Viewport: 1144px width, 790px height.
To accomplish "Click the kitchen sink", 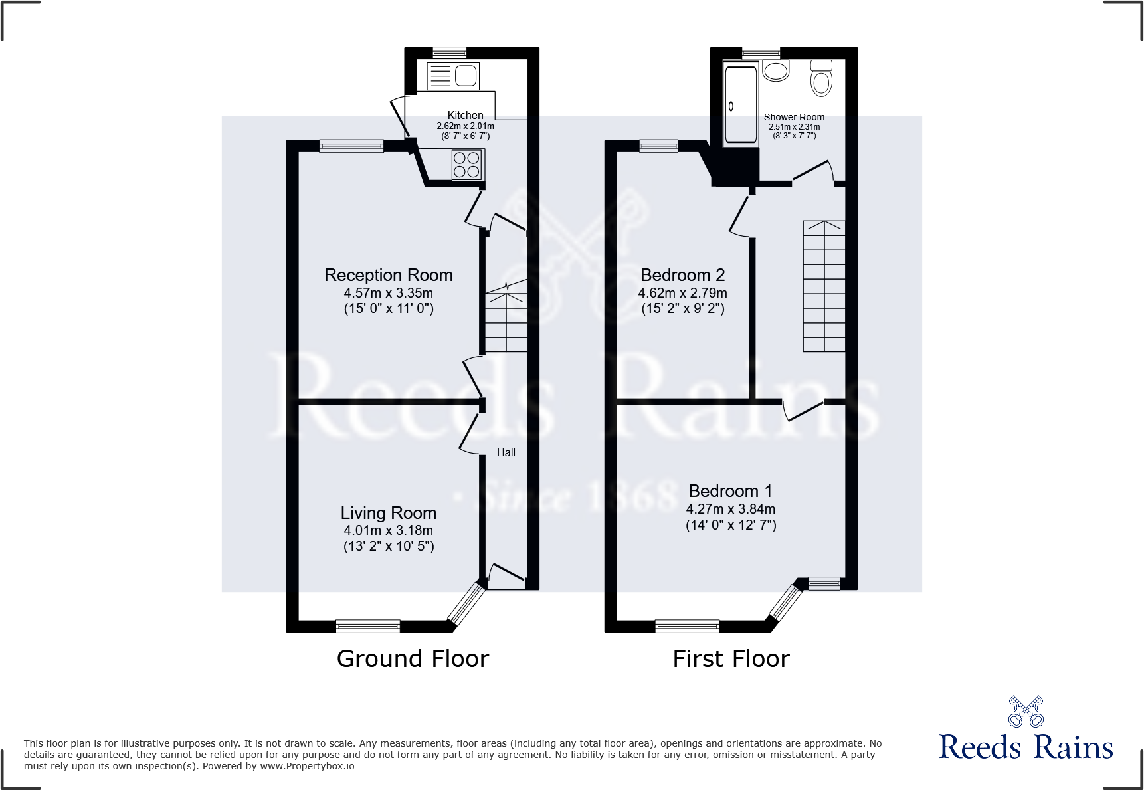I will (x=466, y=76).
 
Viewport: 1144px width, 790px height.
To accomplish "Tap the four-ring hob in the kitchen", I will (x=466, y=165).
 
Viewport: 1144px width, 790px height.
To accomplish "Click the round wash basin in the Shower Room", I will (x=775, y=70).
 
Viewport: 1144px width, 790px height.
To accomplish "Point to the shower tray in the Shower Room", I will (x=740, y=104).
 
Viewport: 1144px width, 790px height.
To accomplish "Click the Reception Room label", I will (x=388, y=275).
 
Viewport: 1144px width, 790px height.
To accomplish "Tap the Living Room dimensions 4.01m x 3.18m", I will (x=388, y=530).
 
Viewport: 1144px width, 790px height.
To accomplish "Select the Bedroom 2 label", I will (x=682, y=275).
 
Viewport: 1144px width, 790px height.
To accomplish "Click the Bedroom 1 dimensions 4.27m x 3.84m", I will (x=730, y=509).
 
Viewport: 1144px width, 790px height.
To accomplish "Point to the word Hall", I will (x=506, y=452).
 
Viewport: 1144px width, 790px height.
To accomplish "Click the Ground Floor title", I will (x=413, y=658).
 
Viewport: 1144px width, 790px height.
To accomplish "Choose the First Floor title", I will (x=731, y=658).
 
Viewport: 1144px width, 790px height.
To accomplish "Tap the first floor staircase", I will (x=824, y=286).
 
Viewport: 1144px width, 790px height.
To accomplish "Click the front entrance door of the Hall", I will (x=506, y=575).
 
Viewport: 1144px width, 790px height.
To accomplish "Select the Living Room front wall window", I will (x=367, y=626).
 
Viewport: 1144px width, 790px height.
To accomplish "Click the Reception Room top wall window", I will (x=351, y=146).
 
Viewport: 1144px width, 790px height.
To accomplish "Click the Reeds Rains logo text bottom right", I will (x=1026, y=747).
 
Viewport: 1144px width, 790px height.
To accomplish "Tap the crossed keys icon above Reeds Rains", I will (x=1026, y=712).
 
